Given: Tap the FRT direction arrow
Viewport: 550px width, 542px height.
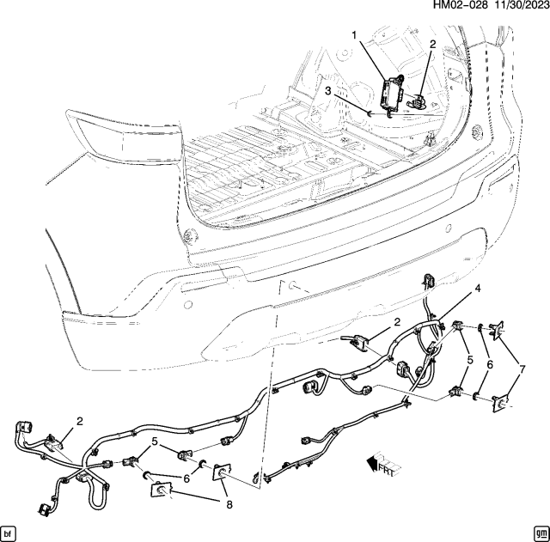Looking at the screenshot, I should (x=376, y=464).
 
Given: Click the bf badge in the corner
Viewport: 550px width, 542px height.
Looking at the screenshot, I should (x=10, y=531).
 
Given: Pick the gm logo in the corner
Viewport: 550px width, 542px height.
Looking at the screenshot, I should (x=539, y=531).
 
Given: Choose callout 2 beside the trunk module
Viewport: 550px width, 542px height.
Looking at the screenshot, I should (x=432, y=44).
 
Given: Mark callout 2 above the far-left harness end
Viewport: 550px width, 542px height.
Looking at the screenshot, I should (x=80, y=422).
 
